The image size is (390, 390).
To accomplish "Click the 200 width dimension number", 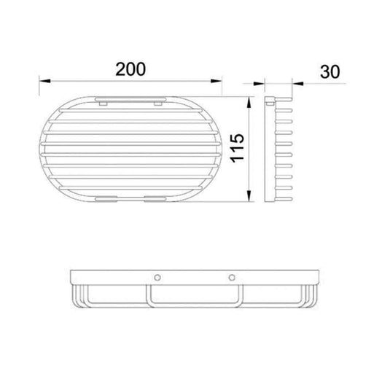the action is click(x=130, y=69).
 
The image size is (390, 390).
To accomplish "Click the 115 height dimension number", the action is click(x=238, y=148).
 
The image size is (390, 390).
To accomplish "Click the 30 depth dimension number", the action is click(x=329, y=71).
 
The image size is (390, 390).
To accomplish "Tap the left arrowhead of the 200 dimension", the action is click(x=44, y=81).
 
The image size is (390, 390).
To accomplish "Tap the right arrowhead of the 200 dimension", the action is click(x=216, y=81).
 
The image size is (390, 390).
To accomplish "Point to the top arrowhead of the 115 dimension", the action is click(x=249, y=103).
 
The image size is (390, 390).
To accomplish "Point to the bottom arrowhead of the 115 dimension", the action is click(x=249, y=195).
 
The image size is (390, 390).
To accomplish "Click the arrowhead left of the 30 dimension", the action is click(x=259, y=84).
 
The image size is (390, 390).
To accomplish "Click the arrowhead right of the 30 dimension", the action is click(x=298, y=84).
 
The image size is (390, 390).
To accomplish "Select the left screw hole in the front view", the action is click(x=157, y=277).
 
